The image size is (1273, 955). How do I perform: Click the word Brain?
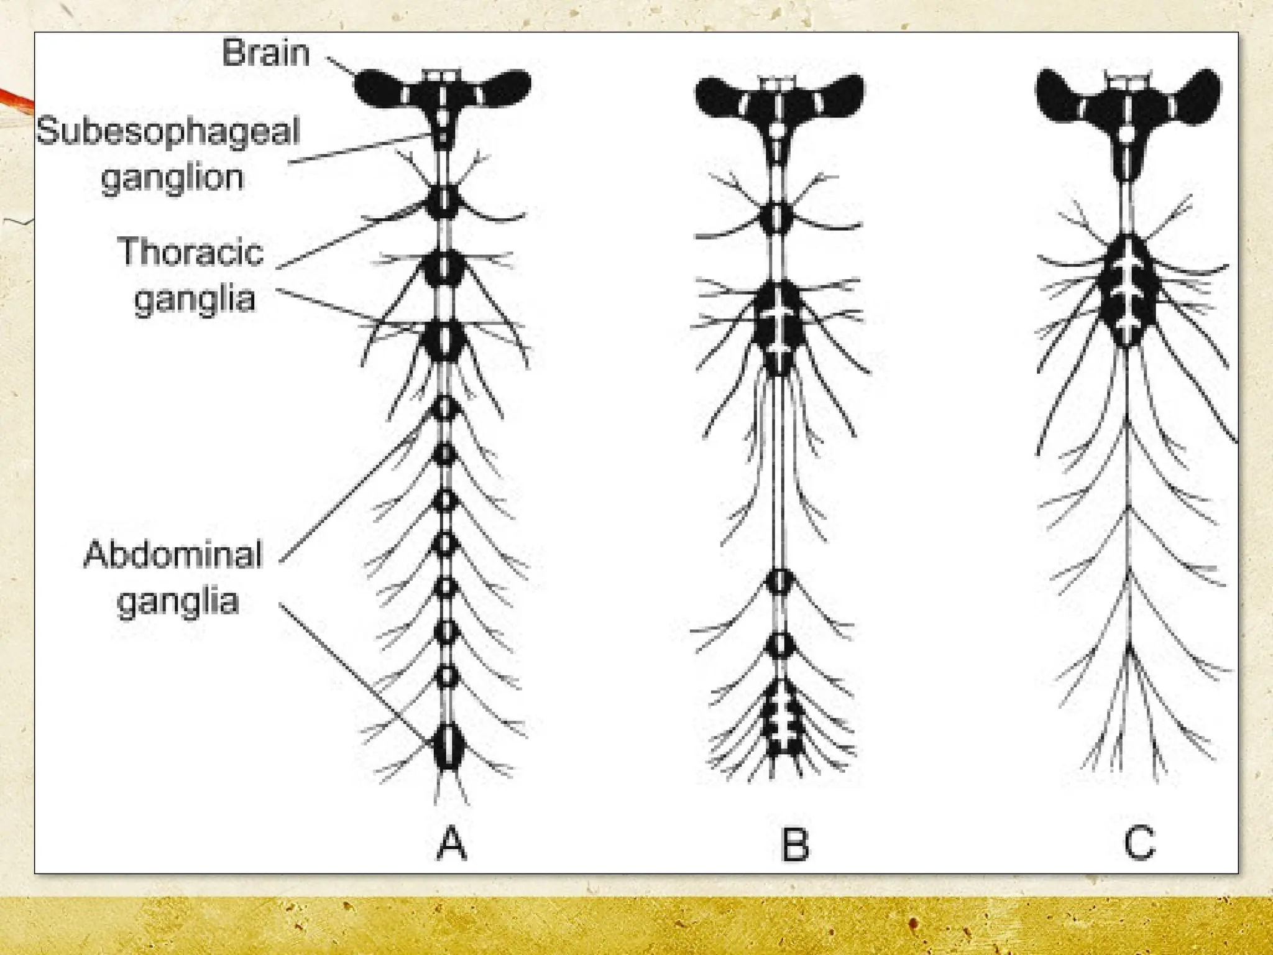pos(265,52)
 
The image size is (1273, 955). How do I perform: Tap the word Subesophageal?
pos(168,132)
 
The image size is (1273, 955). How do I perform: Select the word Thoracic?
pos(191,252)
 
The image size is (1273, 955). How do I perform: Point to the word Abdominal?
pos(173,555)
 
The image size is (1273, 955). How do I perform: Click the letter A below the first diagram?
pos(451,843)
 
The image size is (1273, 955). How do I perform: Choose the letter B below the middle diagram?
pos(794,843)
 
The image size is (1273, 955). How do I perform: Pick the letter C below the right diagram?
pos(1139,843)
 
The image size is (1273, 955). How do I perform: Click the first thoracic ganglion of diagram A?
pos(444,201)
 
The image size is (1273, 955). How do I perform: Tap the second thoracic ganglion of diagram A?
pos(444,268)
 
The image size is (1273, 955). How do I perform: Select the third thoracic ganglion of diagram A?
pos(444,340)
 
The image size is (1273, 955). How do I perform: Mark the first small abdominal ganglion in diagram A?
pos(445,408)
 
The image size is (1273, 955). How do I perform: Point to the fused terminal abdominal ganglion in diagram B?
pos(779,718)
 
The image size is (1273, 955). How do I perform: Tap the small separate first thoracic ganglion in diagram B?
pos(777,218)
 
